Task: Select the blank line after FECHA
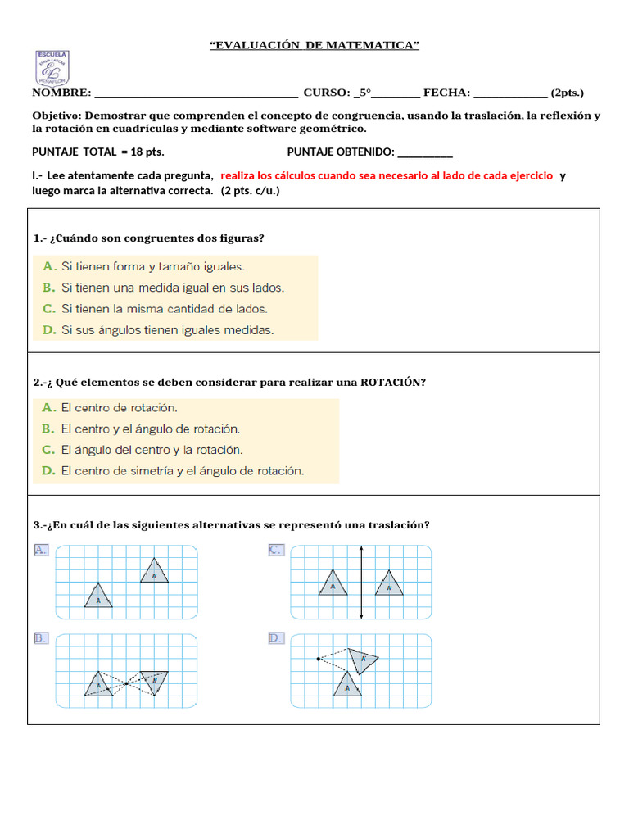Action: [x=510, y=93]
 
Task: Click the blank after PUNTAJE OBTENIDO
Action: [x=424, y=152]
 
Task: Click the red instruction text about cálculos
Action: [x=387, y=176]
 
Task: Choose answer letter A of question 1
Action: [x=48, y=266]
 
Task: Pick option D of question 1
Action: [x=48, y=330]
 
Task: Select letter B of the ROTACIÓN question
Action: [x=48, y=429]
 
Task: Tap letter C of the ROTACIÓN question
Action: [x=48, y=450]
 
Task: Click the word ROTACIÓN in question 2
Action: [x=392, y=382]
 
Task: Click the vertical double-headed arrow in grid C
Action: [x=361, y=583]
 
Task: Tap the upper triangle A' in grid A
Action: [x=153, y=572]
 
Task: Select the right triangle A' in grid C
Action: [x=389, y=583]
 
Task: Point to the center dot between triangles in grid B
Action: [x=126, y=683]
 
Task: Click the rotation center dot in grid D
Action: [x=319, y=658]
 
